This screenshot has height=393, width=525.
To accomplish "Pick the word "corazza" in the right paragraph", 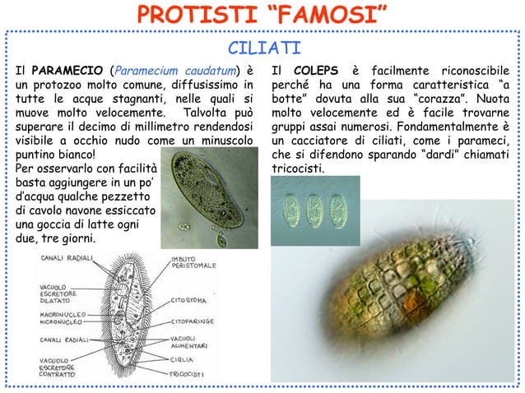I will tap(461, 99).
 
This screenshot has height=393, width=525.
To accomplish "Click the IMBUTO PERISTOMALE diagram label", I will tap(194, 262).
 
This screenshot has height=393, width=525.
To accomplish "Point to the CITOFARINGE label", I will tap(193, 314).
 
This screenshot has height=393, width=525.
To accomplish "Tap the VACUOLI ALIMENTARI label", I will tap(189, 342).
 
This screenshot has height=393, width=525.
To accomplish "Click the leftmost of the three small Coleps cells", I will tap(289, 211).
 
